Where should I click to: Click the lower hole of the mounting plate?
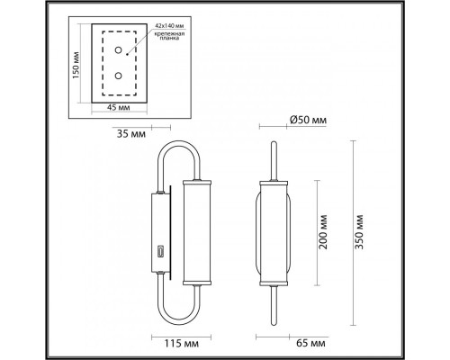coord(117,76)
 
